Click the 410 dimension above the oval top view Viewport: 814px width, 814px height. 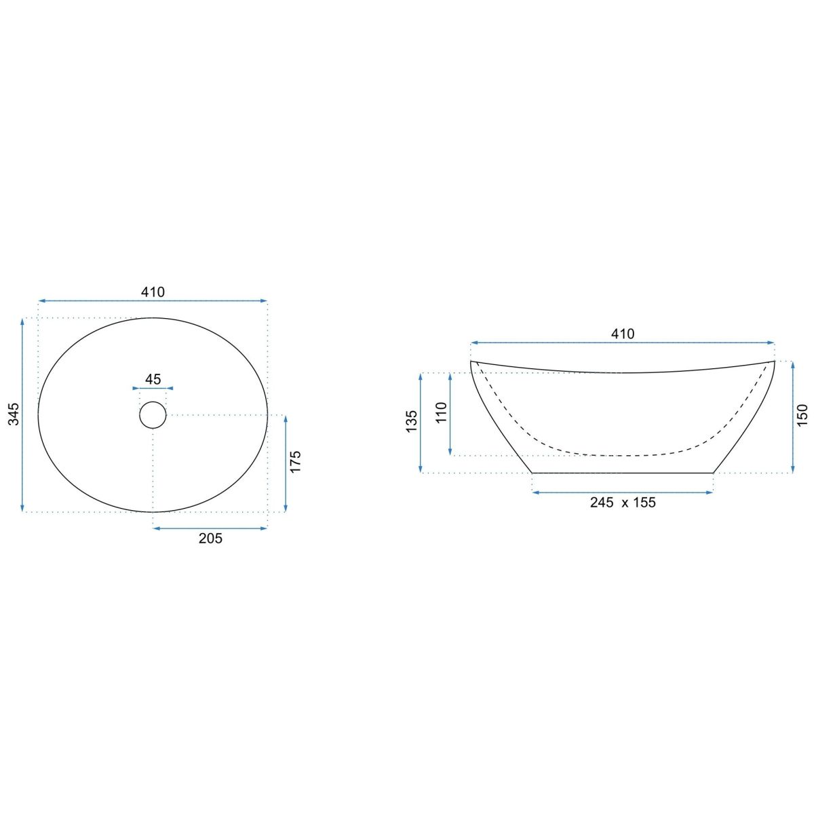153,292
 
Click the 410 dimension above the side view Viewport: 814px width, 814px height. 623,334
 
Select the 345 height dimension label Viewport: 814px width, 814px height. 14,414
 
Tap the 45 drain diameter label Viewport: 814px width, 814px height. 153,379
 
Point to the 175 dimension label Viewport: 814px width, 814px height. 295,462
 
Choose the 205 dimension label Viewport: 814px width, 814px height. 210,538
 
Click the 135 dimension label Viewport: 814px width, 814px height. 412,421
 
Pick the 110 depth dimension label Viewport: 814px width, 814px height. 441,412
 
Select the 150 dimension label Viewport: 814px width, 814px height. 802,416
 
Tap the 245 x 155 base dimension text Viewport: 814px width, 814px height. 623,502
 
